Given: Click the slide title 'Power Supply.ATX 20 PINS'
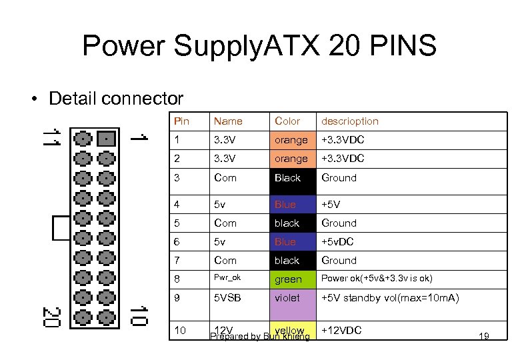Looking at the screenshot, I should (259, 47).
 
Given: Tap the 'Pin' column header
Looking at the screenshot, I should (181, 121).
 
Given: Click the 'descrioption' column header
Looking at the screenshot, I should (349, 121).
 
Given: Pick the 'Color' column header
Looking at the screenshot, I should (287, 121).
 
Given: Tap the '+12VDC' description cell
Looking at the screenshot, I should (341, 330).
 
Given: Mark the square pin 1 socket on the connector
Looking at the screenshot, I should (106, 139).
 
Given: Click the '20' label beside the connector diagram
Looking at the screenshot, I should (51, 316).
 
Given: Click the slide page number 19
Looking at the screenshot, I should (484, 336).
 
